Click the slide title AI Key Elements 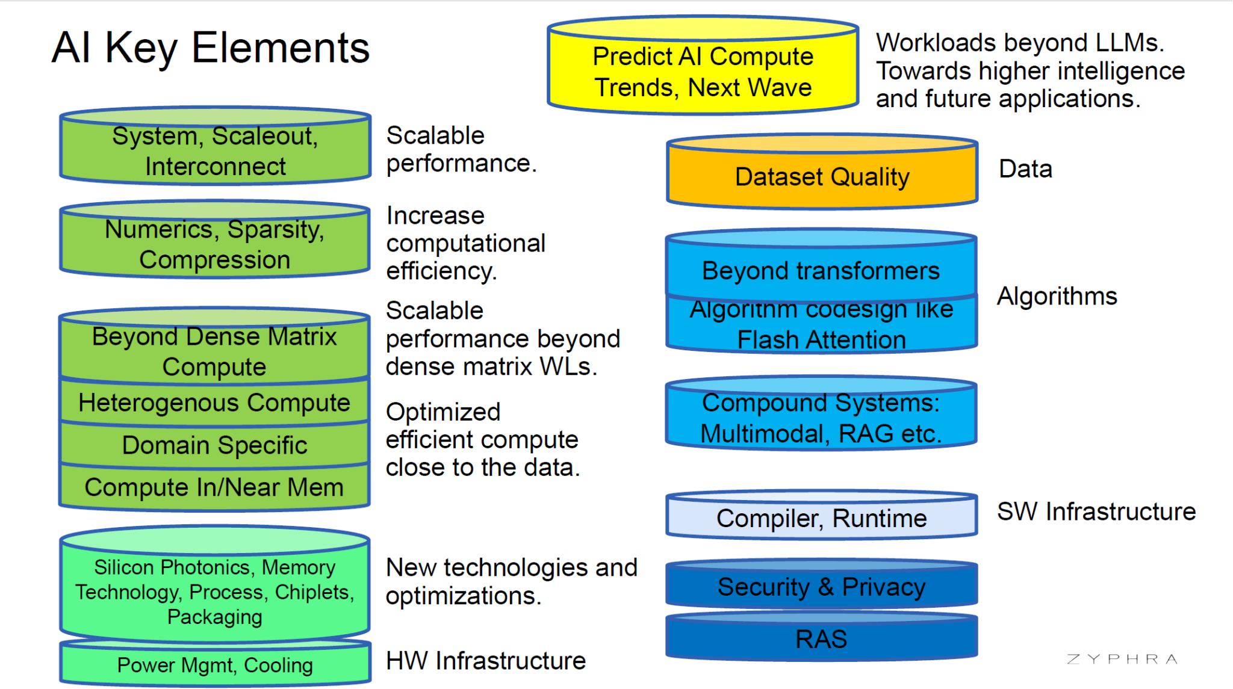[x=210, y=48]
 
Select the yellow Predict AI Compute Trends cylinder [x=703, y=71]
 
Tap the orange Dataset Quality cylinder [x=822, y=177]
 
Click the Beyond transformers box [x=821, y=271]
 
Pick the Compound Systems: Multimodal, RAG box [x=821, y=418]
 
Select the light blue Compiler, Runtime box [x=821, y=518]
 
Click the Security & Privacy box [x=821, y=587]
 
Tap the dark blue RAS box [x=821, y=639]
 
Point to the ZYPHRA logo [x=1122, y=659]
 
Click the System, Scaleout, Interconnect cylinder [x=215, y=151]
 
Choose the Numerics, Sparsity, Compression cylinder [x=215, y=244]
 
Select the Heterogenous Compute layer [x=214, y=403]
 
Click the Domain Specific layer [x=214, y=445]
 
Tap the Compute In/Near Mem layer [x=214, y=487]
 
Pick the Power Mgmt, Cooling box [x=215, y=665]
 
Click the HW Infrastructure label [x=485, y=661]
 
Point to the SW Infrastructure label [x=1096, y=511]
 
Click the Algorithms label [x=1057, y=296]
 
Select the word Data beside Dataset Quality [x=1025, y=169]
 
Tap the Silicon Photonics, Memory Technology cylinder [x=215, y=592]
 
